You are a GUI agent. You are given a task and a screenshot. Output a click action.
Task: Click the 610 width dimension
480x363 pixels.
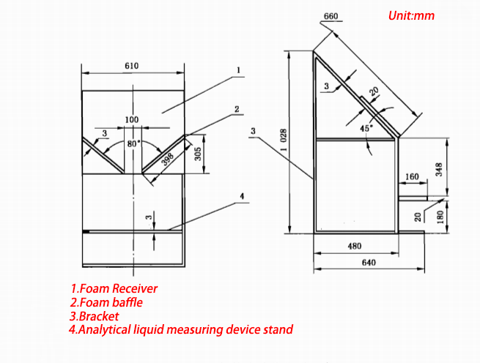(x=131, y=66)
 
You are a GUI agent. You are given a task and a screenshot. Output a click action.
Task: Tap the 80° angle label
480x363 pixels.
(x=133, y=143)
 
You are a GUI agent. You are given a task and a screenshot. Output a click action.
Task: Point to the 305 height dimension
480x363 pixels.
(x=198, y=153)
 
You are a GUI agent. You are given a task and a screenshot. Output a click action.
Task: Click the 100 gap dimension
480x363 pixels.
(x=131, y=119)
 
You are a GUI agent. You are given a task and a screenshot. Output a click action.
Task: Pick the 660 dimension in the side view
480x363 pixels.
(x=330, y=17)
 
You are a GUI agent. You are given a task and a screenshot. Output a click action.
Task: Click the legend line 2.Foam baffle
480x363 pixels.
(x=106, y=302)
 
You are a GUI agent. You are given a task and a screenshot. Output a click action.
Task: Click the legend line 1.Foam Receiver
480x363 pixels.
(x=114, y=288)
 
